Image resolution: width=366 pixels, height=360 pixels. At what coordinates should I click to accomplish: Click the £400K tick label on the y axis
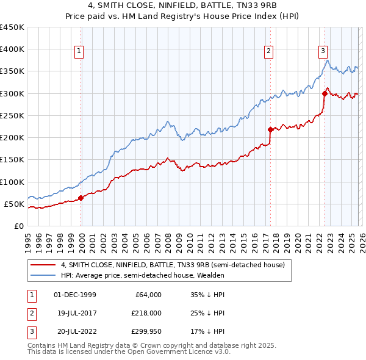coord(12,49)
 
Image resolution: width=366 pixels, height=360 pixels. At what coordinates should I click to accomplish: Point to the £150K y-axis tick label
coord(12,160)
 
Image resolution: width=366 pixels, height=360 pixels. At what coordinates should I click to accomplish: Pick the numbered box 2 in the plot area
coord(268,52)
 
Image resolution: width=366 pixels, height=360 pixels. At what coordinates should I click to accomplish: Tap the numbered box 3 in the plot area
coord(323,52)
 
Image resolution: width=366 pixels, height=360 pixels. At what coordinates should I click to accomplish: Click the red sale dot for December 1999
coord(81,198)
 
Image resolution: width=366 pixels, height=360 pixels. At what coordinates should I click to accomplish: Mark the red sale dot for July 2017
coord(270,129)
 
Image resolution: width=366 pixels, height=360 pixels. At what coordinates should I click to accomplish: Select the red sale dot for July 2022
coord(325,93)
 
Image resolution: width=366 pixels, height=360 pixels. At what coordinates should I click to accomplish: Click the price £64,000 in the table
coord(146,295)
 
